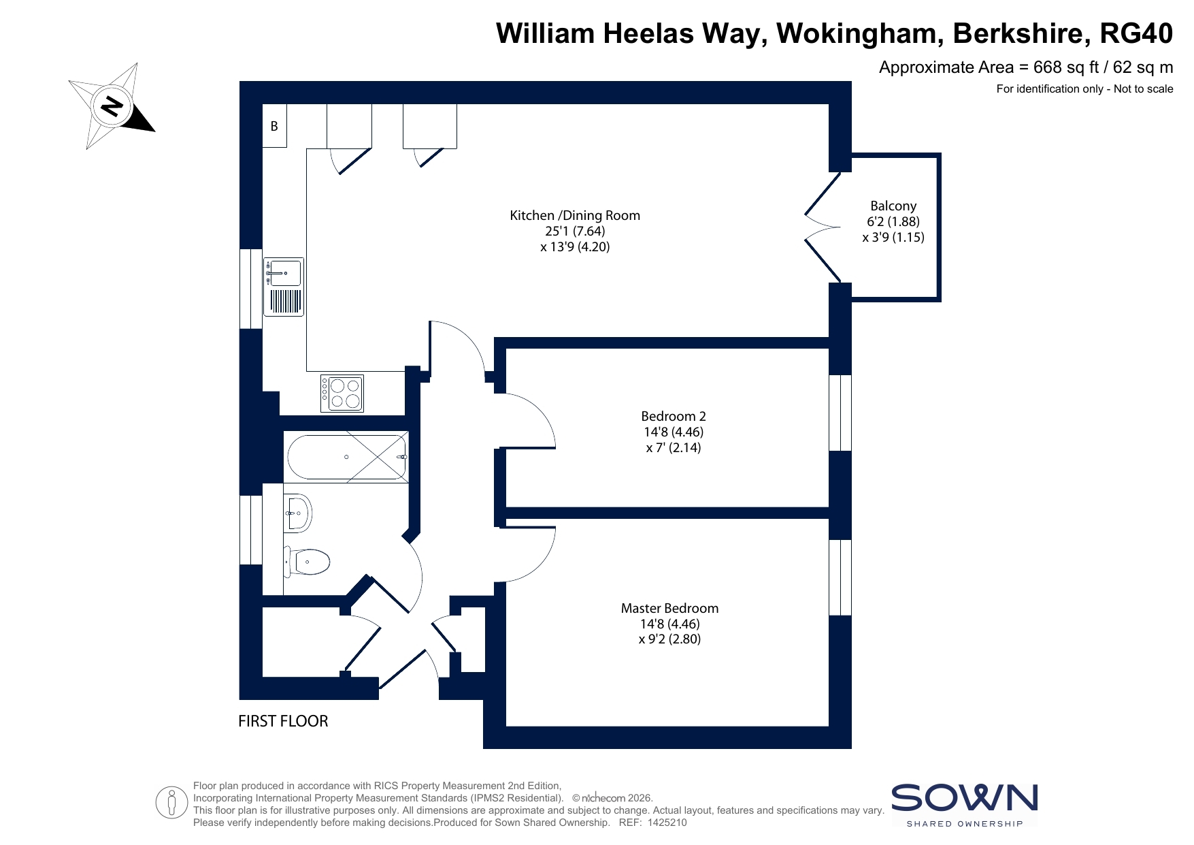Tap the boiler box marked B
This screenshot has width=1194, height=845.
point(275,125)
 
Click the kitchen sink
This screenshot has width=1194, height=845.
point(284,287)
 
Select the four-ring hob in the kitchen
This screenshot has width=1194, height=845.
point(342,393)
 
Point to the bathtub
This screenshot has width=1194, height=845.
point(347,457)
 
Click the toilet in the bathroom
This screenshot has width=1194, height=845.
point(307,562)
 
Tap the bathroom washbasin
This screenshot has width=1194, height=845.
point(298,513)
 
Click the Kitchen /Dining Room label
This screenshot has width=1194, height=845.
point(575,215)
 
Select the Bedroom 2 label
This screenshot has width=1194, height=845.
point(674,416)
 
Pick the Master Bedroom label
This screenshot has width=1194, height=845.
point(669,608)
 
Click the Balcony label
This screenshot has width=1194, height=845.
point(893,206)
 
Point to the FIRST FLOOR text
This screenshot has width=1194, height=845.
point(283,721)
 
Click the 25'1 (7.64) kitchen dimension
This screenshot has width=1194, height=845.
point(575,231)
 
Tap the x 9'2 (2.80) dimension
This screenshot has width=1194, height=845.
point(669,639)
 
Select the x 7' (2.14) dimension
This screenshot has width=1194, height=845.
point(674,447)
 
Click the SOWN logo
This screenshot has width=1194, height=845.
point(965,805)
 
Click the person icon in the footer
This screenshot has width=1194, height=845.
point(171,803)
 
